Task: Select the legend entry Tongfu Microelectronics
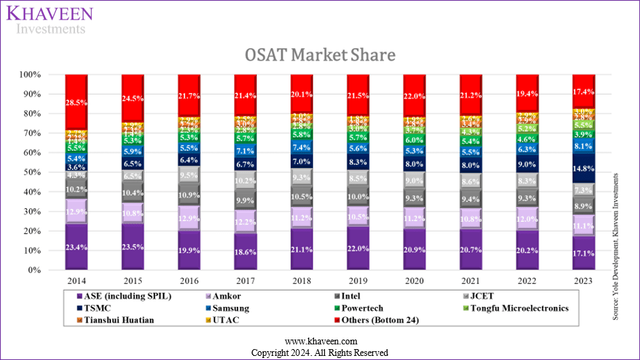click(515, 308)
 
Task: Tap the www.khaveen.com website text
click(319, 341)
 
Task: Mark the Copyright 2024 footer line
click(319, 353)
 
